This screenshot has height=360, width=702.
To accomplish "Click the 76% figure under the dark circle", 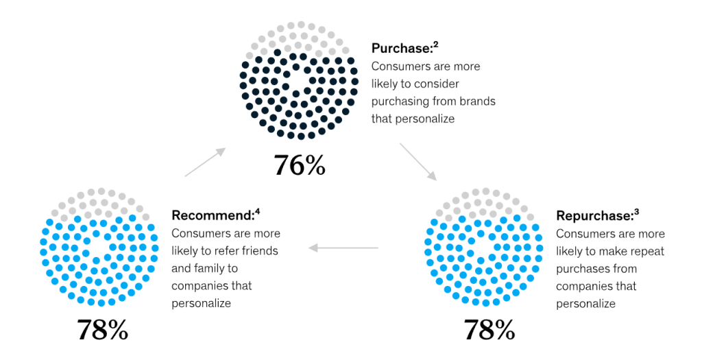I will (x=299, y=165).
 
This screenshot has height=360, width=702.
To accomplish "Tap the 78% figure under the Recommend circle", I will (x=102, y=330).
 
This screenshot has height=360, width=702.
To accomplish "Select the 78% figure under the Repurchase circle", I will (x=489, y=330).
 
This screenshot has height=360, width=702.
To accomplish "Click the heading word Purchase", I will (x=401, y=49).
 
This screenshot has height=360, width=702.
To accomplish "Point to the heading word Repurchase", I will (x=592, y=216).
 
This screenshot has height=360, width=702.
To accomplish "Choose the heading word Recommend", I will (x=212, y=215).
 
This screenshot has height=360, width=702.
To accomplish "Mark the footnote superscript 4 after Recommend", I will (x=257, y=212).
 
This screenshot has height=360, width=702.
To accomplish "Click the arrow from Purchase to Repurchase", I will (x=417, y=161).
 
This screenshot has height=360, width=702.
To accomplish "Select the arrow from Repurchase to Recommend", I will (x=343, y=248).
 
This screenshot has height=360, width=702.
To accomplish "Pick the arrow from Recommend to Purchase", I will (x=206, y=162).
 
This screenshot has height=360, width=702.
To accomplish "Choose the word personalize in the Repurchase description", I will (x=585, y=303).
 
